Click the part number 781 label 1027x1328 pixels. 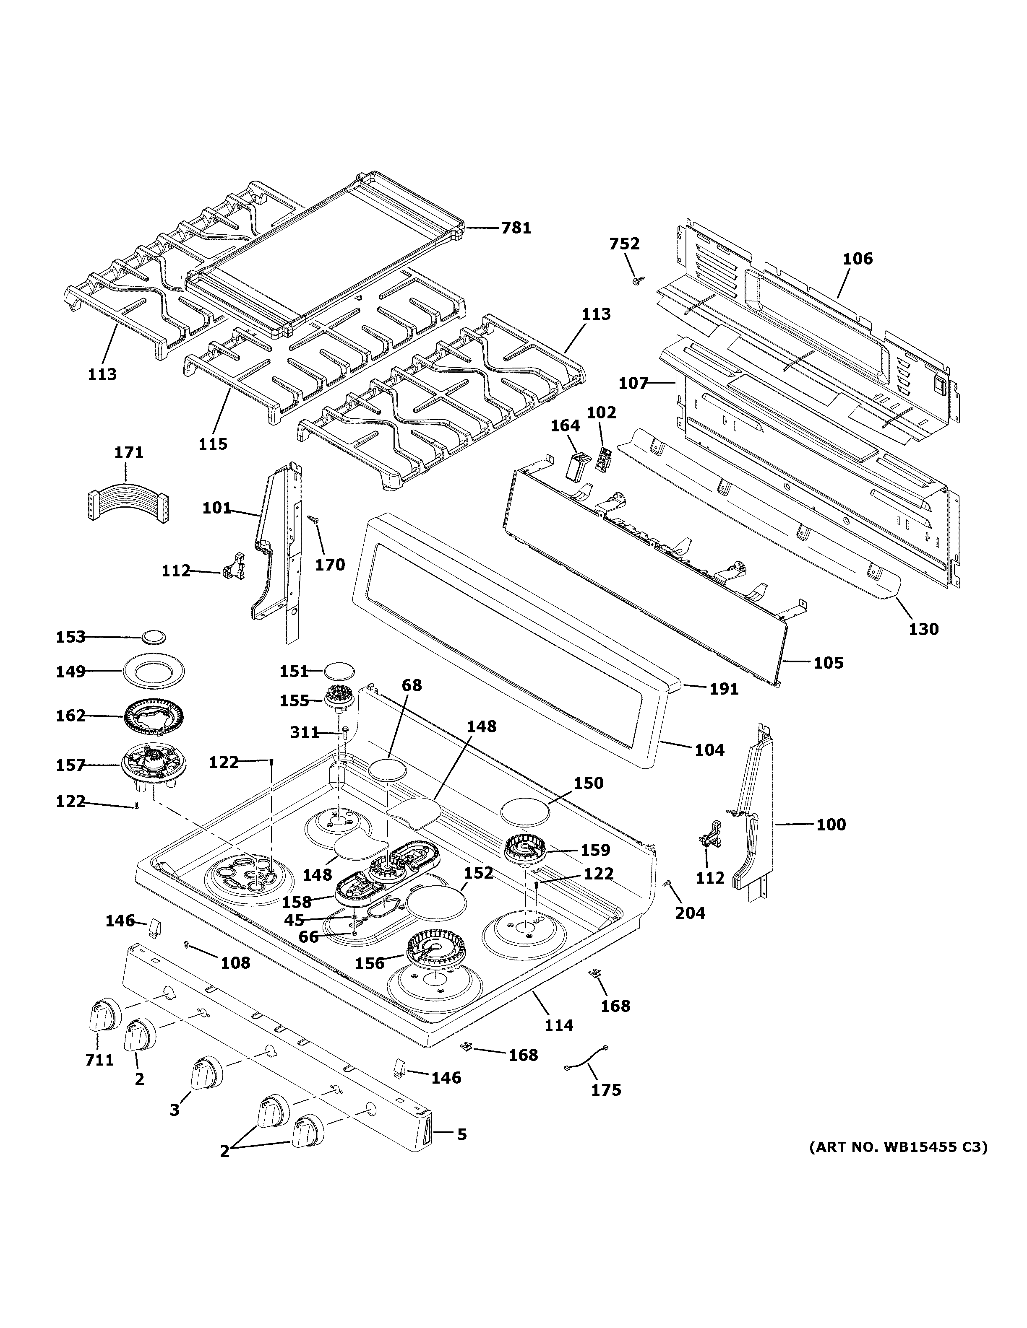[516, 228]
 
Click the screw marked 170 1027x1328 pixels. [314, 520]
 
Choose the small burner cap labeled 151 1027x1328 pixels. [338, 671]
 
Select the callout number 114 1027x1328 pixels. [558, 1025]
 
